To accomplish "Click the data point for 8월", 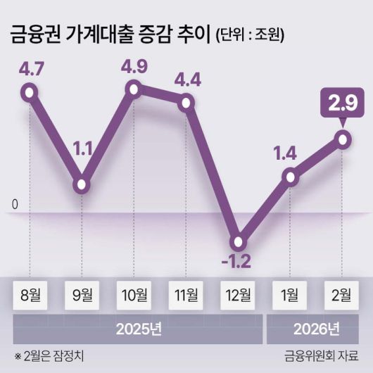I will [29, 91].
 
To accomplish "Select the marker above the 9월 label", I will [82, 185].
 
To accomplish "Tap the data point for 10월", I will [134, 89].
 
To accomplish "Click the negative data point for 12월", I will [239, 242].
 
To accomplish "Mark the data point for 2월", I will [343, 139].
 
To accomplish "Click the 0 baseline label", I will [14, 205].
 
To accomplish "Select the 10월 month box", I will [134, 295].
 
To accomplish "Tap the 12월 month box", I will [239, 295].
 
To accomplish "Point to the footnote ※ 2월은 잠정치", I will [47, 355].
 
